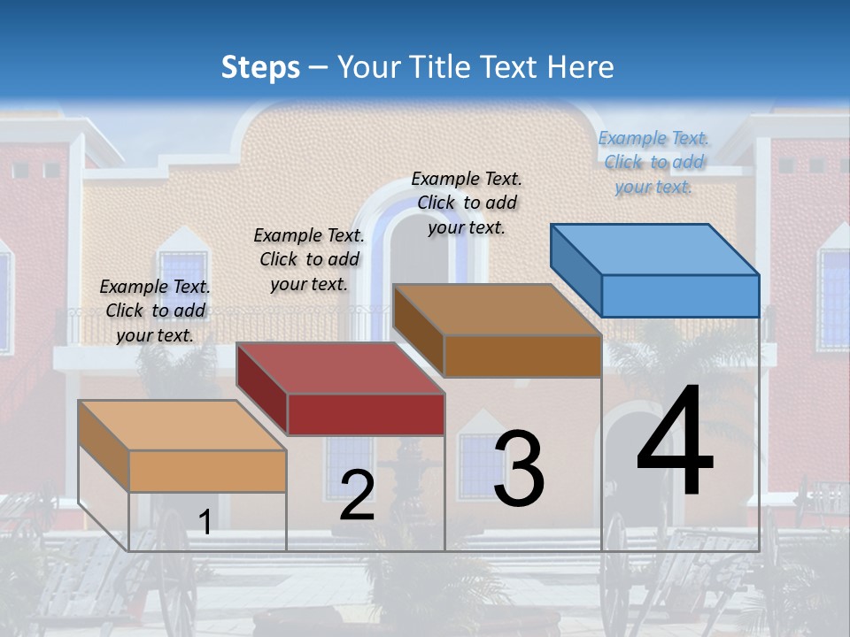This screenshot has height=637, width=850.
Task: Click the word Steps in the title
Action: (x=260, y=67)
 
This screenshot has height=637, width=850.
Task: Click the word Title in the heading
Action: (x=444, y=67)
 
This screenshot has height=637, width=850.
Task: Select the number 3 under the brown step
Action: (x=519, y=469)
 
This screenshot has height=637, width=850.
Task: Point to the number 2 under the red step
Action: (x=357, y=496)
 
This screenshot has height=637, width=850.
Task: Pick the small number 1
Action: (x=205, y=523)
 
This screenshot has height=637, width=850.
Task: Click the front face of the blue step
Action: (x=680, y=295)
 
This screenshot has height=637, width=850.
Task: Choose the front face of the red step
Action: (x=366, y=414)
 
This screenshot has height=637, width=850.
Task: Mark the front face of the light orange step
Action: (x=208, y=471)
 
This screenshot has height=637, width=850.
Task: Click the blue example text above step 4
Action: (x=653, y=163)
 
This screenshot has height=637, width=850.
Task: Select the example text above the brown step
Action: (x=467, y=203)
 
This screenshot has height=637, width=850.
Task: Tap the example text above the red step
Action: (x=309, y=259)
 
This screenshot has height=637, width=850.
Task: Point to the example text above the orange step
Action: (x=155, y=311)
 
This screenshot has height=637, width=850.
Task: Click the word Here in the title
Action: (x=581, y=67)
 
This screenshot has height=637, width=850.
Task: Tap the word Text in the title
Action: (x=513, y=67)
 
